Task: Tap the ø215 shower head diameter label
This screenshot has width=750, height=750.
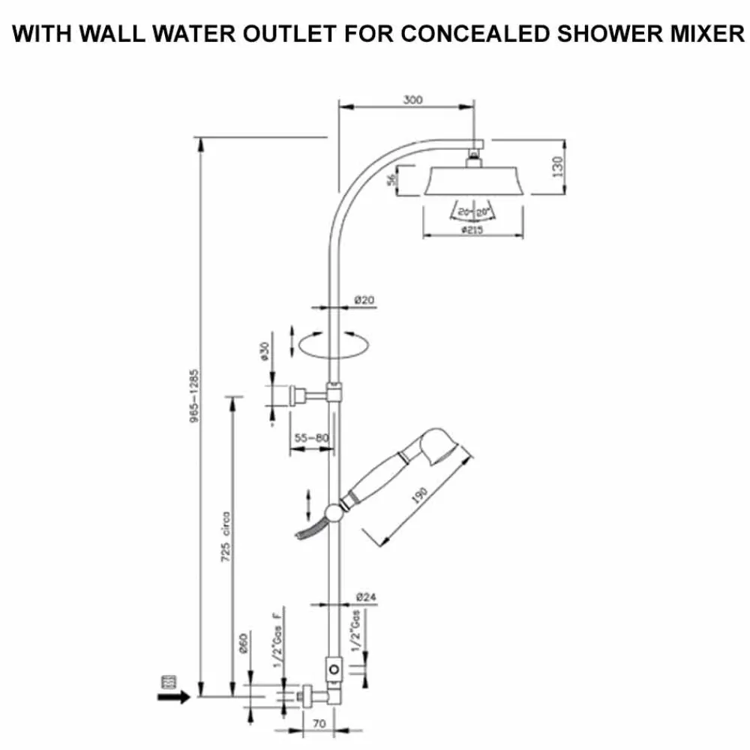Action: pyautogui.click(x=473, y=229)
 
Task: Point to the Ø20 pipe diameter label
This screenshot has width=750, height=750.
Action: pyautogui.click(x=364, y=301)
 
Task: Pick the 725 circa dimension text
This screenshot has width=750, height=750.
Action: pyautogui.click(x=226, y=537)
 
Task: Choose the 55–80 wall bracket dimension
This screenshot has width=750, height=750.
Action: pyautogui.click(x=312, y=436)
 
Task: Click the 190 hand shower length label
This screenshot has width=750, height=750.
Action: pyautogui.click(x=419, y=494)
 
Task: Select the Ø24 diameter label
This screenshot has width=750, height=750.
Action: pyautogui.click(x=365, y=598)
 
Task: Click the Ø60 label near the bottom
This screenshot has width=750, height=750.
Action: pyautogui.click(x=243, y=644)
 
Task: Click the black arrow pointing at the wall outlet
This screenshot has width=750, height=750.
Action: pyautogui.click(x=175, y=697)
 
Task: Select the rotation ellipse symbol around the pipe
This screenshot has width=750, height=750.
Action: pyautogui.click(x=333, y=344)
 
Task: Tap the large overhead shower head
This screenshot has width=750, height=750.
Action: pyautogui.click(x=474, y=181)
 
